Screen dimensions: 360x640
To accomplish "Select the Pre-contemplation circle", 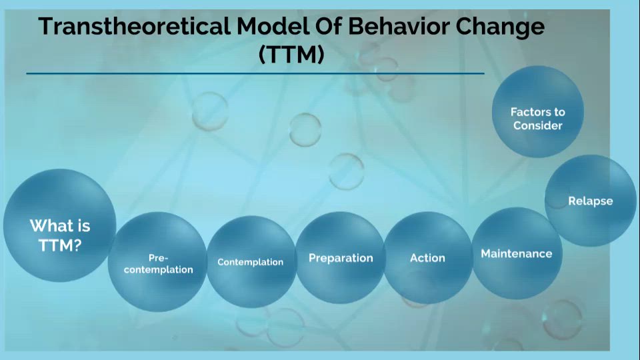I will tap(158, 263).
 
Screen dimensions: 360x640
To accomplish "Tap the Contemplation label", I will tap(250, 262).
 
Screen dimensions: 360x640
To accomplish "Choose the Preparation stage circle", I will tap(341, 258).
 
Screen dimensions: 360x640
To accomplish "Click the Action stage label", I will tap(427, 258).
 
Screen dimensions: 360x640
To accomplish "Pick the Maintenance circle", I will tap(516, 253).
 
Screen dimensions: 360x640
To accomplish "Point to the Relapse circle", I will tap(590, 201).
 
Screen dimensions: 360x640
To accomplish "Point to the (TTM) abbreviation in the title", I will tap(291, 55).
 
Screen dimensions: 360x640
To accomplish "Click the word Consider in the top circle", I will tap(537, 125).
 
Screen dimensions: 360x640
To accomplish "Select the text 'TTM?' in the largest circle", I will tap(60, 245).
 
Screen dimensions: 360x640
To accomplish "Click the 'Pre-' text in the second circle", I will tap(158, 257).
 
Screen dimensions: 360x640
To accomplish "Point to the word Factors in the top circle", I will tap(537, 112).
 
